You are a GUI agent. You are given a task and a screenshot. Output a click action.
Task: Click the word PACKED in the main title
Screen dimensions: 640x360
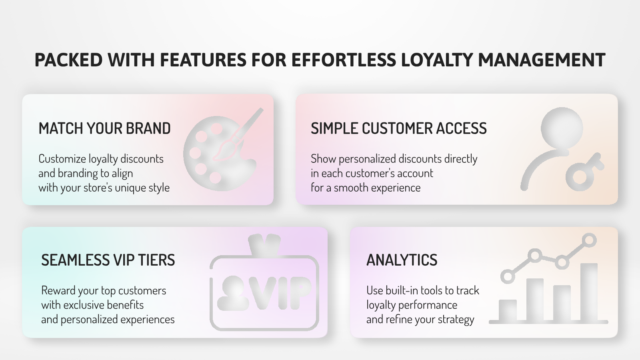pyautogui.click(x=68, y=60)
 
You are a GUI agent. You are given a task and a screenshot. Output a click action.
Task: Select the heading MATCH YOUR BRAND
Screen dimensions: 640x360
pyautogui.click(x=104, y=128)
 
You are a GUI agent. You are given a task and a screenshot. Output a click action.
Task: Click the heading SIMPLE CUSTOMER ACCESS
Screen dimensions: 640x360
pyautogui.click(x=398, y=128)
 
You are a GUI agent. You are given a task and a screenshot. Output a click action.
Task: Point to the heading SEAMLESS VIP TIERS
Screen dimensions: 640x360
pyautogui.click(x=108, y=260)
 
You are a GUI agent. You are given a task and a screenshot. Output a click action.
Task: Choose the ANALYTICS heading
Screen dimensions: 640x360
pyautogui.click(x=402, y=260)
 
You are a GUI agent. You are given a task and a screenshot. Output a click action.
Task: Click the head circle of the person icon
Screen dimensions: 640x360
pyautogui.click(x=562, y=128)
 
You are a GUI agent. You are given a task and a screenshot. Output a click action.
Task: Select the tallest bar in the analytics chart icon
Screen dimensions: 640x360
pyautogui.click(x=589, y=292)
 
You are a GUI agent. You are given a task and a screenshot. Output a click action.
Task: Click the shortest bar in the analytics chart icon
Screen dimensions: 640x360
pyautogui.click(x=508, y=310)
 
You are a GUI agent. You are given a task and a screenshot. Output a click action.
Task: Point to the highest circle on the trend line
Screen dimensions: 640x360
pyautogui.click(x=589, y=240)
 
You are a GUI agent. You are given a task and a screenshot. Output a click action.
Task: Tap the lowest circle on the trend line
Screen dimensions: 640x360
pyautogui.click(x=508, y=276)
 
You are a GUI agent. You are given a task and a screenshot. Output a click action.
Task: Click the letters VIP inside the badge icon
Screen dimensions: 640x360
pyautogui.click(x=280, y=293)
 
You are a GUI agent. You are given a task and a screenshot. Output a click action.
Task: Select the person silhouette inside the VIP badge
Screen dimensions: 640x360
pyautogui.click(x=233, y=293)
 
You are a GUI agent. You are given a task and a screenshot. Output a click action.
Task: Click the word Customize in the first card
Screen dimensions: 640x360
pyautogui.click(x=62, y=159)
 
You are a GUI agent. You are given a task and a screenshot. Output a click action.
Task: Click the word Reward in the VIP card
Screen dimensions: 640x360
pyautogui.click(x=58, y=290)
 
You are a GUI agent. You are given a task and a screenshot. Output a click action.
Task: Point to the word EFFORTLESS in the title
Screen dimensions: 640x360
pyautogui.click(x=344, y=60)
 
